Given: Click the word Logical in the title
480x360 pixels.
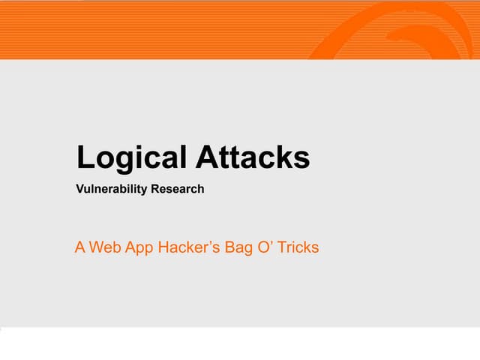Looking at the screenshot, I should (x=132, y=158).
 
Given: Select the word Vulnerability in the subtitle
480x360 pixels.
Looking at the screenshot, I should (x=112, y=189).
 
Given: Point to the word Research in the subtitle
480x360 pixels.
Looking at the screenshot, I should (x=177, y=189).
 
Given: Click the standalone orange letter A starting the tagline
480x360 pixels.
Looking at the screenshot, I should (x=80, y=247).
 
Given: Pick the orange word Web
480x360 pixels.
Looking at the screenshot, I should (x=104, y=247).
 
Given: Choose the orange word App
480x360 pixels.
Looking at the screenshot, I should (x=137, y=247).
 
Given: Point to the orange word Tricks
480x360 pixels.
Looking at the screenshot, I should (x=298, y=247).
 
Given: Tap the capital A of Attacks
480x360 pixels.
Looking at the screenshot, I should (x=207, y=157).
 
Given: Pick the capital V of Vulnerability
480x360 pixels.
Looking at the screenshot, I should (x=80, y=189).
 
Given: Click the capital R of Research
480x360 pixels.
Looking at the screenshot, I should (x=155, y=189).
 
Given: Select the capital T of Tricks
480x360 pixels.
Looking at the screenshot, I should (x=282, y=247).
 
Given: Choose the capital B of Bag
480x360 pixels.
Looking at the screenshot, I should (x=229, y=247).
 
